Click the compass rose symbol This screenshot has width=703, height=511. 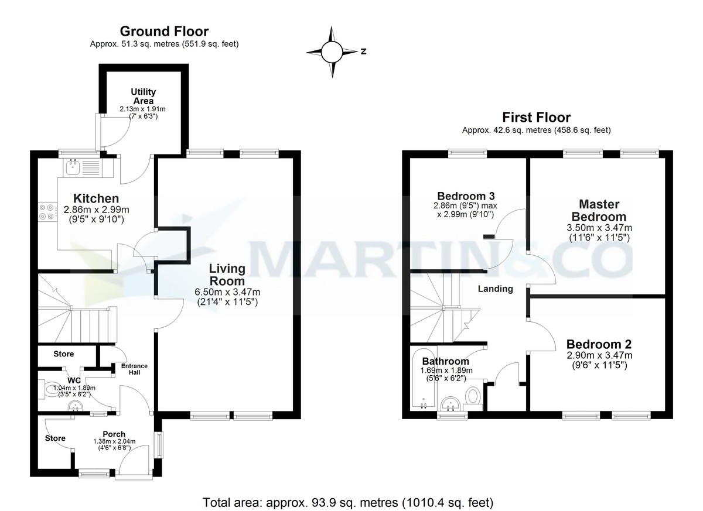point(332,52)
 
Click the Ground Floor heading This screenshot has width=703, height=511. point(164,31)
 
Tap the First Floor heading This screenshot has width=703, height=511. point(536,118)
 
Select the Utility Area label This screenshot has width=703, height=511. point(143,96)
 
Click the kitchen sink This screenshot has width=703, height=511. point(74,168)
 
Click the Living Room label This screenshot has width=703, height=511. point(228,275)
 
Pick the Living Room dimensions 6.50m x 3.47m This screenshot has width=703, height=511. point(228,292)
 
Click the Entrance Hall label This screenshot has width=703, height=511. point(134,369)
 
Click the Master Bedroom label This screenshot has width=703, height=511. point(599,210)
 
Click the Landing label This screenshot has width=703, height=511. point(495,289)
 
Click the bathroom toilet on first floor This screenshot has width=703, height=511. point(473,397)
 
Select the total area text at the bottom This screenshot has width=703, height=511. point(348,502)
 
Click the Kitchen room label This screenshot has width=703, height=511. point(96,198)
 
